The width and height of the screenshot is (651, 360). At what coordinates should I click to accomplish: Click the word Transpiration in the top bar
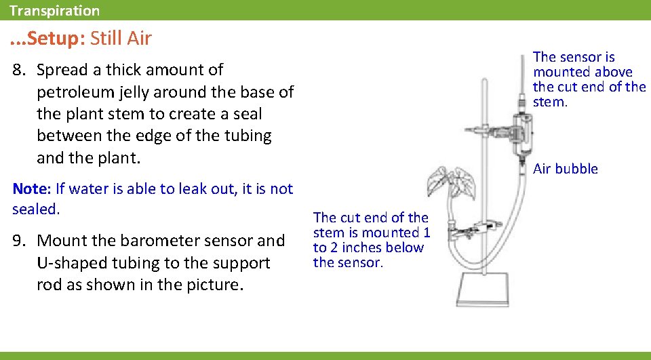tap(54, 11)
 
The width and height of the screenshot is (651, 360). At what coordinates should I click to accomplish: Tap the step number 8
tap(19, 70)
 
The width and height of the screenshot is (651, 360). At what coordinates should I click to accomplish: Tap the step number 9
tap(19, 241)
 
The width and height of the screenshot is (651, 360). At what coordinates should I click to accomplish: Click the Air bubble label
tap(566, 169)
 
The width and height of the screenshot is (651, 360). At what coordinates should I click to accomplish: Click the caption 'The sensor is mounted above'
tap(583, 64)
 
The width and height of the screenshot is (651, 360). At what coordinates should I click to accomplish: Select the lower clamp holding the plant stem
tap(478, 228)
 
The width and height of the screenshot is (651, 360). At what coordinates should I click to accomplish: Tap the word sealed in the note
tap(36, 209)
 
